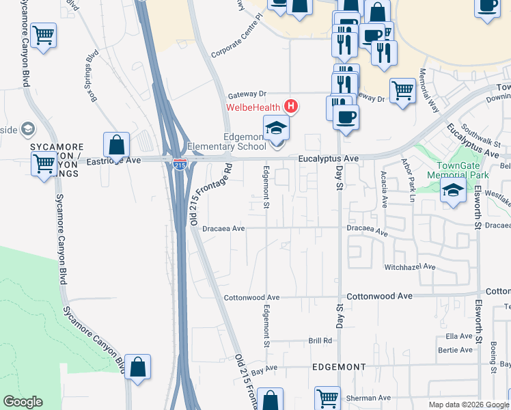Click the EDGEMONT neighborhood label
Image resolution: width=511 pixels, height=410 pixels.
340,367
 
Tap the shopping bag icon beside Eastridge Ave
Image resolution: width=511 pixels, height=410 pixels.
117,145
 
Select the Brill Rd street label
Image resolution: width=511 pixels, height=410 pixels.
320,340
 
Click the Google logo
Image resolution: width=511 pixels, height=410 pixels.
23,402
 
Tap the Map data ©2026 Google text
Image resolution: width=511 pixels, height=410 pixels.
467,405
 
